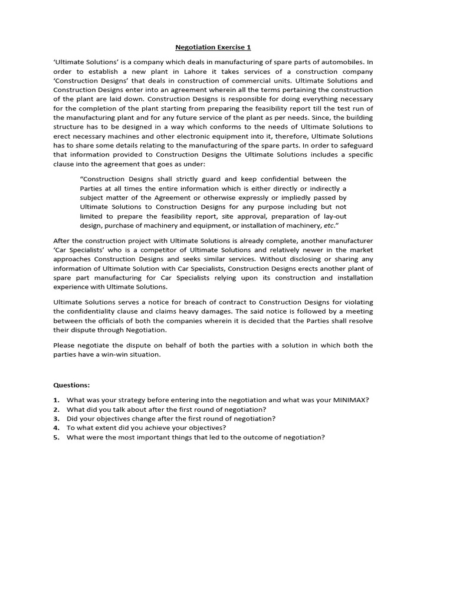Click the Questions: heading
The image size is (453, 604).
pyautogui.click(x=71, y=385)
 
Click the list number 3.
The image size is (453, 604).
pyautogui.click(x=56, y=418)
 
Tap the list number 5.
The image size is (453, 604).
pyautogui.click(x=56, y=437)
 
